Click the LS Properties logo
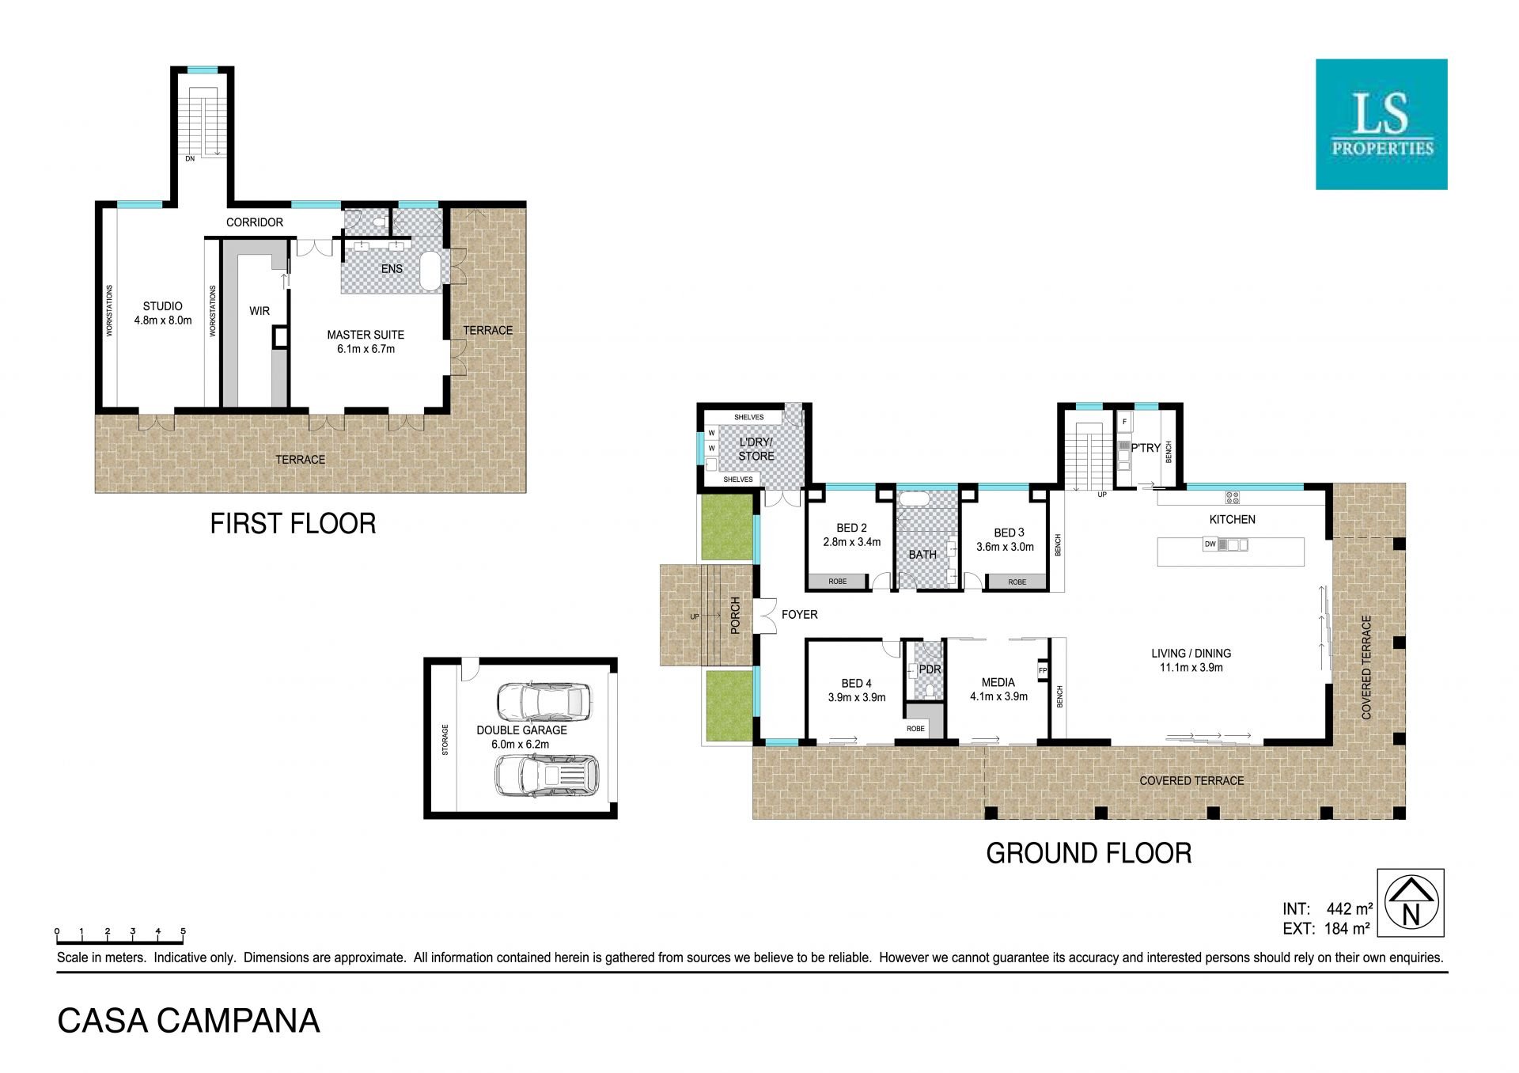pyautogui.click(x=1381, y=124)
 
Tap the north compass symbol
pyautogui.click(x=1411, y=903)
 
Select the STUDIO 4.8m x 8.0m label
pyautogui.click(x=163, y=313)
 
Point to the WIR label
pyautogui.click(x=259, y=311)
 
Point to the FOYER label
pyautogui.click(x=799, y=614)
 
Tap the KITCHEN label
pyautogui.click(x=1232, y=519)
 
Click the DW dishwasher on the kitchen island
pyautogui.click(x=1210, y=544)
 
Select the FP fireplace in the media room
pyautogui.click(x=1043, y=670)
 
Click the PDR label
pyautogui.click(x=930, y=669)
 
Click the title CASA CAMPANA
pyautogui.click(x=189, y=1021)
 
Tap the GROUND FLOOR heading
pyautogui.click(x=1089, y=853)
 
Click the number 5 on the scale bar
pyautogui.click(x=183, y=931)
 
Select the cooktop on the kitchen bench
pyautogui.click(x=1232, y=498)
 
